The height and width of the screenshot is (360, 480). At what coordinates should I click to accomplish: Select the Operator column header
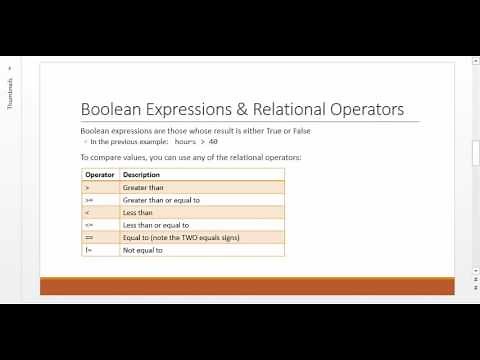point(100,174)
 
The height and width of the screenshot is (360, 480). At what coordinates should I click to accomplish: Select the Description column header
point(141,174)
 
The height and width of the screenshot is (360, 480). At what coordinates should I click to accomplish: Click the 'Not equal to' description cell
point(143,250)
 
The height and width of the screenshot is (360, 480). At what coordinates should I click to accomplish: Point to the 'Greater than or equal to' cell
point(161,200)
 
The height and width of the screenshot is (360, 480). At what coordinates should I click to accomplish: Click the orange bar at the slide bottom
point(246,286)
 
